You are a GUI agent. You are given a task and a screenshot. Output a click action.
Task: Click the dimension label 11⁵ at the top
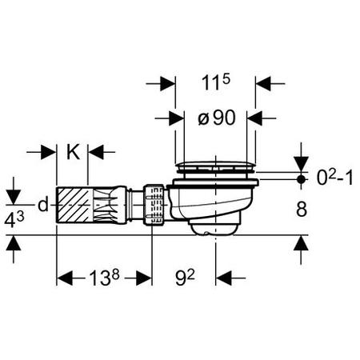tap(215, 82)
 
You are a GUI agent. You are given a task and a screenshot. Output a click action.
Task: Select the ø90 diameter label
tap(217, 118)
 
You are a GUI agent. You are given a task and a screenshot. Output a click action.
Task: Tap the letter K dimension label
tap(73, 152)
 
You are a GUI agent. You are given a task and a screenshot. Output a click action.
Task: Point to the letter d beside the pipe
tap(43, 205)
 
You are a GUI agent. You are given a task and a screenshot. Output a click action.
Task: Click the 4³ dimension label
tap(14, 220)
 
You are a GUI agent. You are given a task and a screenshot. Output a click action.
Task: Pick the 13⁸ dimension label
tap(103, 278)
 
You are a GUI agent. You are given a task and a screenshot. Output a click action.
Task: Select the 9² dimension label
tap(185, 278)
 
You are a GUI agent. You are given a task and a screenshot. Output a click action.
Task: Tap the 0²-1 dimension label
tap(335, 178)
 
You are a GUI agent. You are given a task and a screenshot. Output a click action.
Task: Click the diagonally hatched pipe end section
tap(74, 205)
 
